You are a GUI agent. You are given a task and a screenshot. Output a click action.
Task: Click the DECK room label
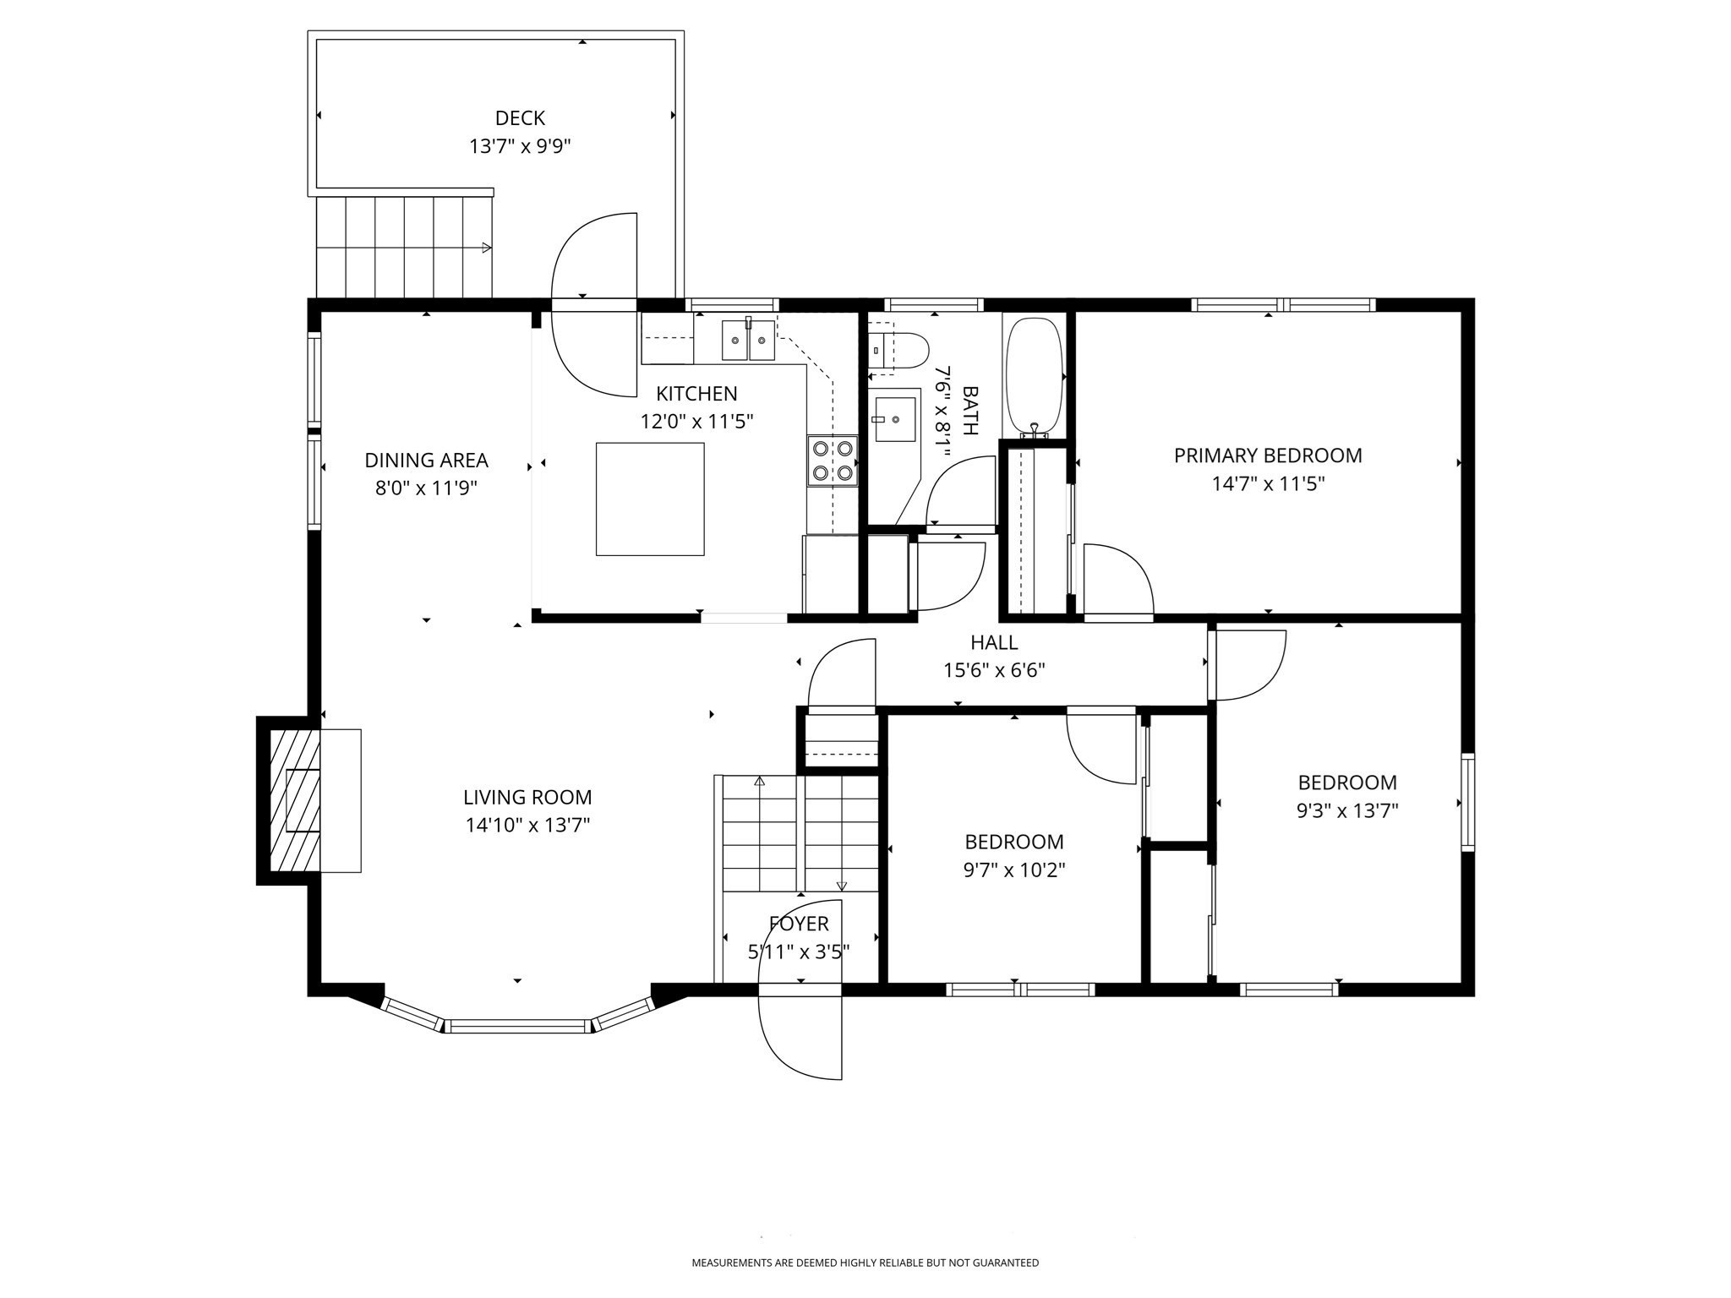520,118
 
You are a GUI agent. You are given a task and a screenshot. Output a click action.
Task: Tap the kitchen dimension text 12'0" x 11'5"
696,421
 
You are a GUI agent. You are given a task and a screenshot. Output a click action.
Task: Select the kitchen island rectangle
650,499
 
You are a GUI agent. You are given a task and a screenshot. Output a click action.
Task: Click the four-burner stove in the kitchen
833,461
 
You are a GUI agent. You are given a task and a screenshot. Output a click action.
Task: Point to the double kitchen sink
748,341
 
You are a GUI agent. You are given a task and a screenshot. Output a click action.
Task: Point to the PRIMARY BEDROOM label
1267,455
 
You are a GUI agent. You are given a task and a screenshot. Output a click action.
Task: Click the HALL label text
994,642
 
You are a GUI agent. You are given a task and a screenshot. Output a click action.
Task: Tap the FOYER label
799,924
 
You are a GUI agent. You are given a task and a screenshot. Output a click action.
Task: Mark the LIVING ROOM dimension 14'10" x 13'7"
527,825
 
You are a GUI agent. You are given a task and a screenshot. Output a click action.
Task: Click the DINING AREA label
426,461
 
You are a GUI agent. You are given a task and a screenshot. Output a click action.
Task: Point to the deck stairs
404,247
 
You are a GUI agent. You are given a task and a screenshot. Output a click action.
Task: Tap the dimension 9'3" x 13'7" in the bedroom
1347,810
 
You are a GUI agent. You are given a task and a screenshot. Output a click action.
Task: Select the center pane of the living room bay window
516,1026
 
